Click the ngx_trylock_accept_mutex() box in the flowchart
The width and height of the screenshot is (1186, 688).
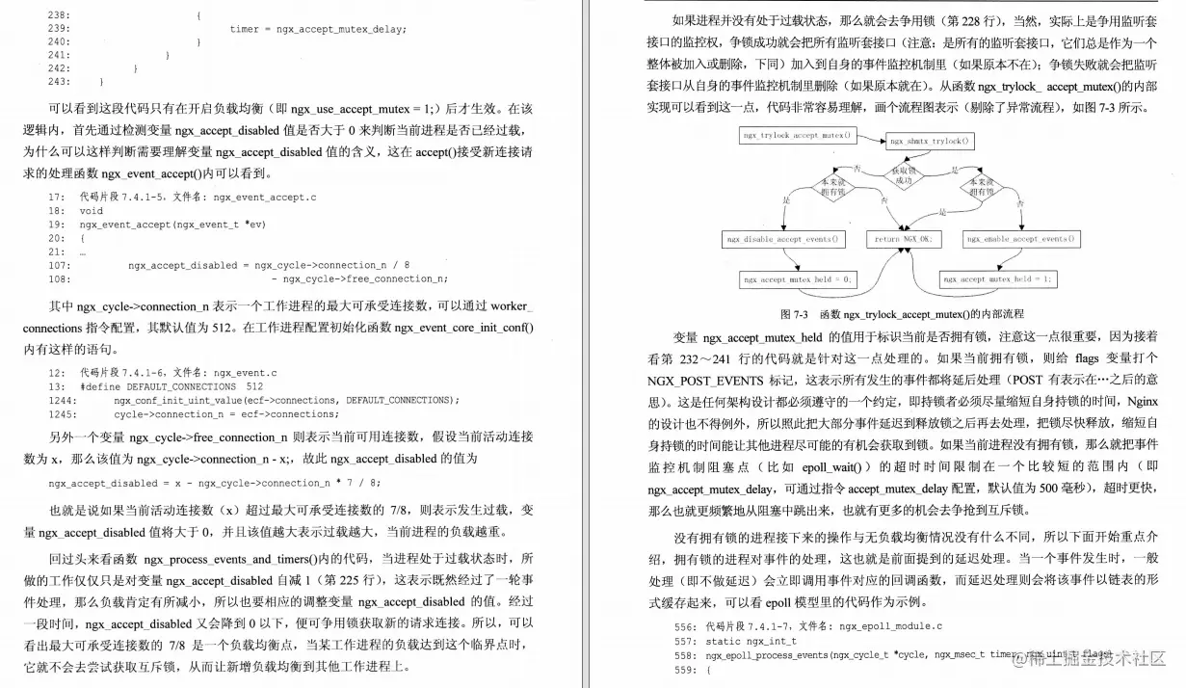click(x=797, y=135)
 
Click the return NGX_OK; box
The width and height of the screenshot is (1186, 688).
click(x=904, y=239)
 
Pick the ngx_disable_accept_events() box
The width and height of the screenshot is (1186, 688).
click(x=781, y=239)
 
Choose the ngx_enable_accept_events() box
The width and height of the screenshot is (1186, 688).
click(x=1021, y=239)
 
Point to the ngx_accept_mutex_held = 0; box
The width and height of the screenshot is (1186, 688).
click(x=798, y=279)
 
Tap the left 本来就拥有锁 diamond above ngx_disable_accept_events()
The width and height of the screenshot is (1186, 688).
click(x=831, y=186)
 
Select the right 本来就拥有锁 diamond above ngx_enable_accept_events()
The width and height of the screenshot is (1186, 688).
click(x=982, y=186)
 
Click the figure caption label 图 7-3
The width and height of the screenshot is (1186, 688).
click(x=795, y=314)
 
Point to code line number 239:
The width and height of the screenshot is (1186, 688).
click(x=59, y=29)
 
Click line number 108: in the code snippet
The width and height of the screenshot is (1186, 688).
click(x=59, y=279)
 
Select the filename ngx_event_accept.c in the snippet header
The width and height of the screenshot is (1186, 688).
click(x=264, y=197)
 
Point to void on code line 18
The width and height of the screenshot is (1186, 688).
click(x=92, y=211)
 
